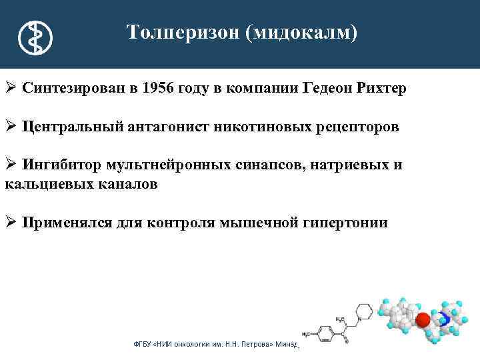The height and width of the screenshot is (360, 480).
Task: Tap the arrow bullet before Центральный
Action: tap(11, 127)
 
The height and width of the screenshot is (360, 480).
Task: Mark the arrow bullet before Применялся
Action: tap(11, 223)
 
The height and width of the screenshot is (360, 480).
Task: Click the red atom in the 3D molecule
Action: tap(423, 320)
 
